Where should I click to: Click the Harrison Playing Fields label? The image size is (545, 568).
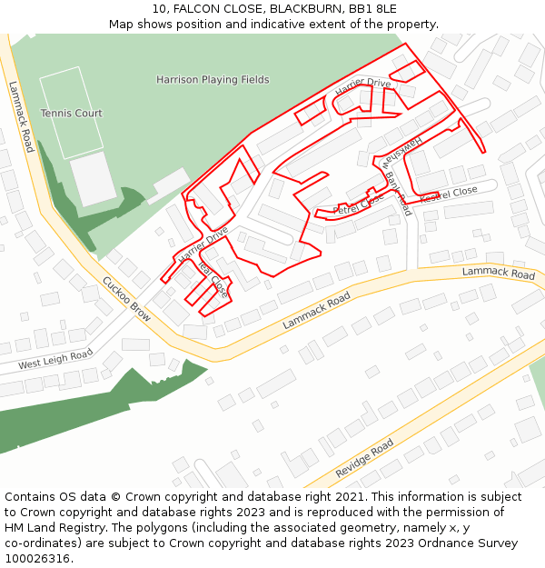pyautogui.click(x=213, y=80)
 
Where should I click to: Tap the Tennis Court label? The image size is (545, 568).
pyautogui.click(x=71, y=114)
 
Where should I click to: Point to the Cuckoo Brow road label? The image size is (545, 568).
pyautogui.click(x=126, y=299)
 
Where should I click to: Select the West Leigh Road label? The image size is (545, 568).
pyautogui.click(x=54, y=360)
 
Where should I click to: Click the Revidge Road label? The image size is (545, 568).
pyautogui.click(x=364, y=458)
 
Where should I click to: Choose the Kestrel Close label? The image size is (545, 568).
pyautogui.click(x=448, y=193)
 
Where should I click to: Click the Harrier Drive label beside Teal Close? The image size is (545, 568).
pyautogui.click(x=203, y=246)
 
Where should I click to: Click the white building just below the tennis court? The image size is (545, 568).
pyautogui.click(x=93, y=179)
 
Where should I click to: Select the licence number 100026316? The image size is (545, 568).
pyautogui.click(x=37, y=559)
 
